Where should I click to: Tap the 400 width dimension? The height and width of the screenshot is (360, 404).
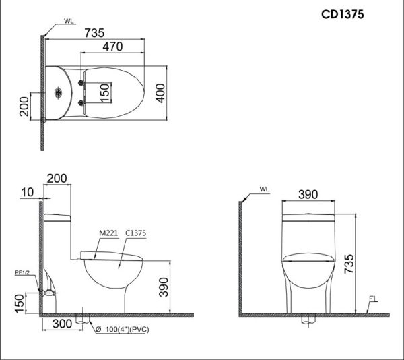click(160, 94)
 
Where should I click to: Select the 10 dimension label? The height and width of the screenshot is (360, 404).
click(27, 192)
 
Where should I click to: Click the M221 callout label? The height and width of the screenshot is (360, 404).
click(108, 233)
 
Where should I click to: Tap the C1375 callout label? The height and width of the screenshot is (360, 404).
click(135, 233)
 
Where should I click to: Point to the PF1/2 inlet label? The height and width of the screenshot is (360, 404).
click(23, 272)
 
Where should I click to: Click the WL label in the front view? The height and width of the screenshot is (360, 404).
click(265, 190)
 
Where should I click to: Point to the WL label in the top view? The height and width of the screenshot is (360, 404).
click(69, 21)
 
